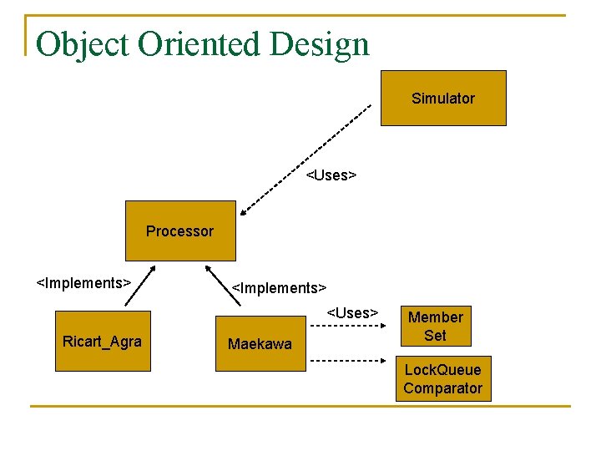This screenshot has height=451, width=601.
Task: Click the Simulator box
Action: (443, 99)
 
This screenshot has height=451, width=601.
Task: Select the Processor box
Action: (180, 231)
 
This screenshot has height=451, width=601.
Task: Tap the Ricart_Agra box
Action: (103, 341)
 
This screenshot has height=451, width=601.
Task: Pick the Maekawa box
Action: (260, 343)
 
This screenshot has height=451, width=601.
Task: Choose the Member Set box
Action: (435, 327)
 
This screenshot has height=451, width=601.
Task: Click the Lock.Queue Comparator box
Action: (442, 379)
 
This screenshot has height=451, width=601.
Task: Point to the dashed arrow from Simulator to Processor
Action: (305, 156)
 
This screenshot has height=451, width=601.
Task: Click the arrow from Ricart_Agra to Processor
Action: (139, 289)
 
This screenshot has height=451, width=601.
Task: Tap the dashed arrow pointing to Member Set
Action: (347, 327)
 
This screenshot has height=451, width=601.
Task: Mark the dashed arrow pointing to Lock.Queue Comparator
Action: (347, 361)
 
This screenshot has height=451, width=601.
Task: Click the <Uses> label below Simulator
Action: (331, 175)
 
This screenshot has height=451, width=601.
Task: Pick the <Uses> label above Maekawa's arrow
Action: (352, 312)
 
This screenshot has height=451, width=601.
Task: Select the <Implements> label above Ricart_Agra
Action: (83, 282)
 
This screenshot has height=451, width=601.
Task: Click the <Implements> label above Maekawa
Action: (279, 288)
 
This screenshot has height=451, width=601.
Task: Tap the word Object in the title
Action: (82, 43)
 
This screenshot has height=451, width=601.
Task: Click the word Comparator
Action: (442, 388)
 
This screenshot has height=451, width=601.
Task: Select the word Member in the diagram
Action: (435, 317)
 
